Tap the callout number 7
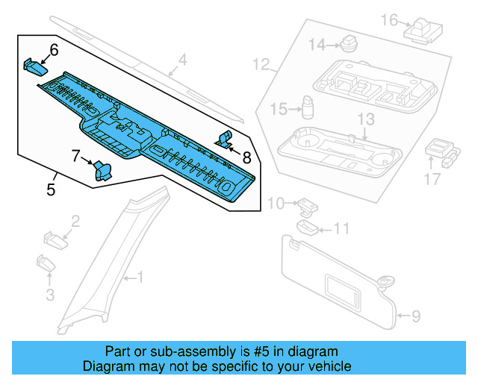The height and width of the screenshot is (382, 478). pyautogui.click(x=76, y=156)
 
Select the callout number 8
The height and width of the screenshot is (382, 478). pyautogui.click(x=246, y=157)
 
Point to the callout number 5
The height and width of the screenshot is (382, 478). pyautogui.click(x=51, y=190)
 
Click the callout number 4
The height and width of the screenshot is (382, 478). pyautogui.click(x=182, y=60)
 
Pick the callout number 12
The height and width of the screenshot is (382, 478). pyautogui.click(x=261, y=64)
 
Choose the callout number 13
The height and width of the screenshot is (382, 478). pyautogui.click(x=365, y=119)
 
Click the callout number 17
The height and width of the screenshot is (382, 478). pyautogui.click(x=434, y=178)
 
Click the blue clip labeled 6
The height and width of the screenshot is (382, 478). pyautogui.click(x=34, y=66)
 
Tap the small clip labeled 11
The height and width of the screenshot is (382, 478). pyautogui.click(x=305, y=227)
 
